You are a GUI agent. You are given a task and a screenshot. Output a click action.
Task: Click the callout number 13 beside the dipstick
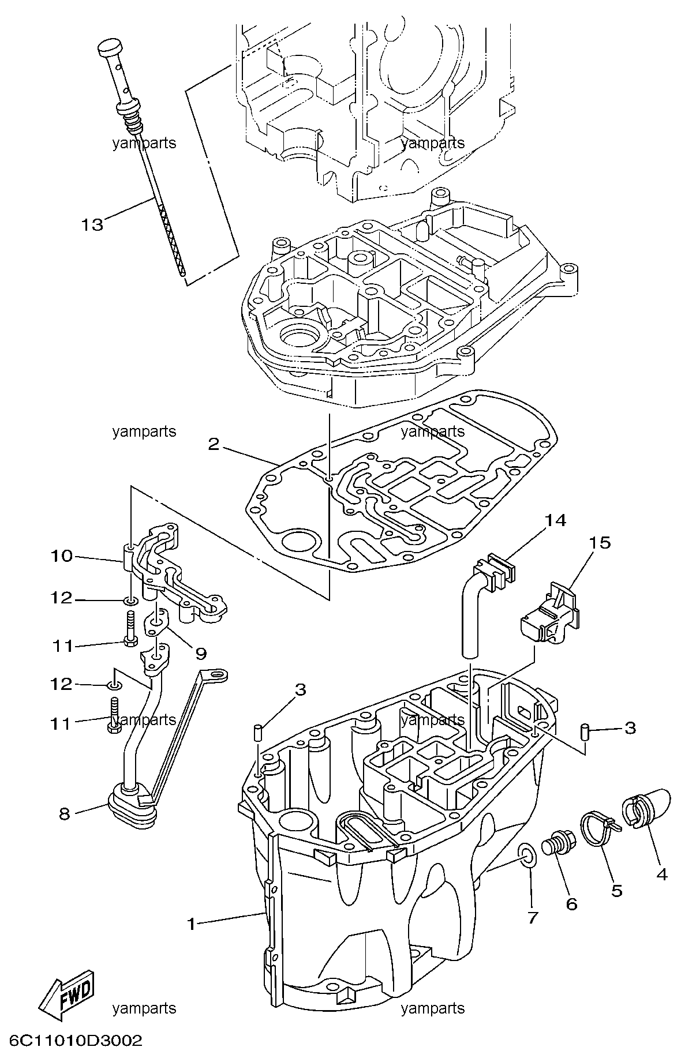(x=92, y=224)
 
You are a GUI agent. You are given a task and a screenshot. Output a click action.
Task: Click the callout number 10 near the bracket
(x=61, y=556)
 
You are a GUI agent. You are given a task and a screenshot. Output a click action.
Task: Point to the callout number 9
(x=200, y=654)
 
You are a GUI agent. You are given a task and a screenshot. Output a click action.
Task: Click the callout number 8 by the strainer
(x=65, y=813)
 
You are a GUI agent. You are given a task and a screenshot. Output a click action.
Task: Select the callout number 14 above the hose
(x=555, y=520)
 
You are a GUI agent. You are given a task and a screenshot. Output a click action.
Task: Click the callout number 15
(x=600, y=543)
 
